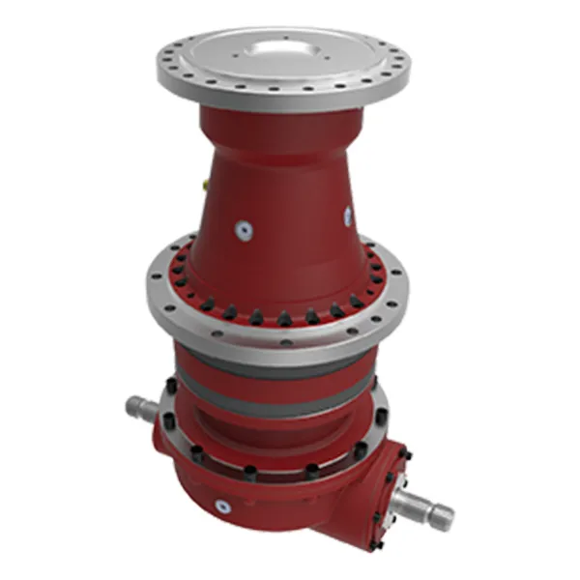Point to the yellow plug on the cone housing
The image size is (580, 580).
205,180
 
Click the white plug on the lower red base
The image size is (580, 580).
224,504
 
